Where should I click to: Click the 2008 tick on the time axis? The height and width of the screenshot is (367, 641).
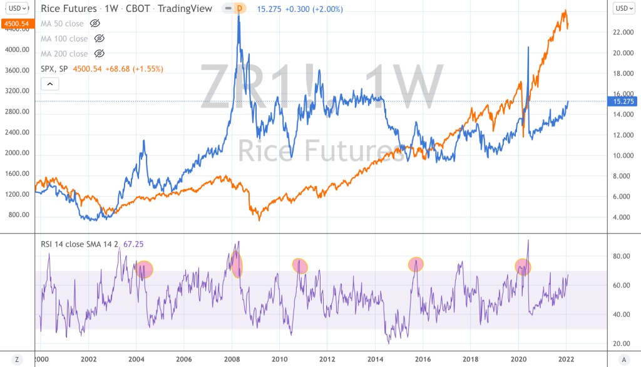coord(232,359)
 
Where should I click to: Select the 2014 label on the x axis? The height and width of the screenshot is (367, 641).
coord(375,359)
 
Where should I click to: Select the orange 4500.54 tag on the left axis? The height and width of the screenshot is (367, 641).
coord(17,23)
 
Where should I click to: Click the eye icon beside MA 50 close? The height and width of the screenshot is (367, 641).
coord(95,23)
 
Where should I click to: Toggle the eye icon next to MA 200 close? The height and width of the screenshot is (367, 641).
coord(99,54)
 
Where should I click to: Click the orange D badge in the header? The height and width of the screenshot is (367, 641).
coord(239,9)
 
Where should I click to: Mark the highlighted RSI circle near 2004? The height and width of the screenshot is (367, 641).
coord(145,269)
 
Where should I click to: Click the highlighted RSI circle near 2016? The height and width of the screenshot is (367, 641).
coord(416,264)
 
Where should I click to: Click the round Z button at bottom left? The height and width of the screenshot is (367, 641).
coord(17,359)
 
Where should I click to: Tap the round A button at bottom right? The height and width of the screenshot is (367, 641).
coord(623,359)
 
